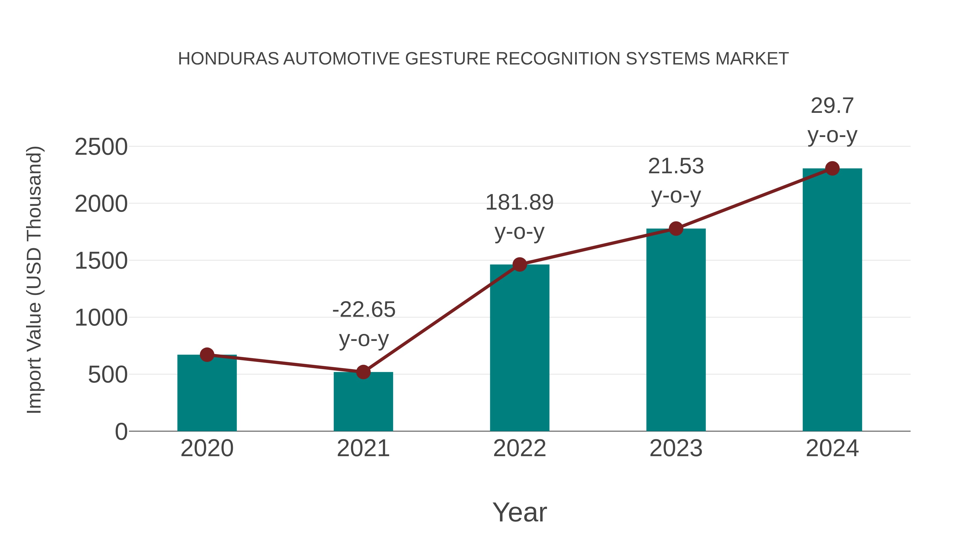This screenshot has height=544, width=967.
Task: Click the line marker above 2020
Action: (207, 354)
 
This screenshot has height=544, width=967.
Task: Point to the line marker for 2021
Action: (363, 372)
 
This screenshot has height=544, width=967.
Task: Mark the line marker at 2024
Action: (832, 168)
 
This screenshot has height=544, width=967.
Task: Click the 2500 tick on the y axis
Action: (101, 147)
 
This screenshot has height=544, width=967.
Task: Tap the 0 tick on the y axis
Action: (121, 431)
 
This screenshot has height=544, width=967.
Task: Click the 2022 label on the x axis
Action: (519, 448)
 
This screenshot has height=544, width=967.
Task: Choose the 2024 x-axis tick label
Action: (832, 448)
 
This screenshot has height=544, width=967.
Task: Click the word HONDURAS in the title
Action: (228, 59)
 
